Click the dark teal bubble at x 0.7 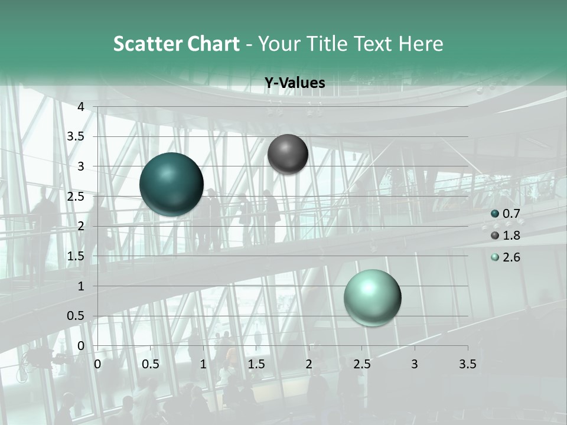pyautogui.click(x=171, y=184)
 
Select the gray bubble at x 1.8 pyautogui.click(x=288, y=154)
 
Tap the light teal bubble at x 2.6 pyautogui.click(x=372, y=297)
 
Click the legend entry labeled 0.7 pyautogui.click(x=511, y=214)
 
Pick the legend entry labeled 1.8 pyautogui.click(x=511, y=236)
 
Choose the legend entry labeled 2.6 pyautogui.click(x=511, y=257)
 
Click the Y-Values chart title pyautogui.click(x=295, y=83)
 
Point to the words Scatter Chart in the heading pyautogui.click(x=177, y=44)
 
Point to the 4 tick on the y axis pyautogui.click(x=81, y=107)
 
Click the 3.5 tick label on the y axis pyautogui.click(x=76, y=136)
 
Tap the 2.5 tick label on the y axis pyautogui.click(x=76, y=197)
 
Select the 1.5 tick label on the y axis pyautogui.click(x=76, y=256)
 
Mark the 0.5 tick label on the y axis pyautogui.click(x=76, y=316)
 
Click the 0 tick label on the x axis pyautogui.click(x=97, y=364)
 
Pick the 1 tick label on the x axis pyautogui.click(x=203, y=364)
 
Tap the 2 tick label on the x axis pyautogui.click(x=309, y=364)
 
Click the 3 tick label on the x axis pyautogui.click(x=415, y=364)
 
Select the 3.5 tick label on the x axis pyautogui.click(x=467, y=364)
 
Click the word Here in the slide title pyautogui.click(x=421, y=44)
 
